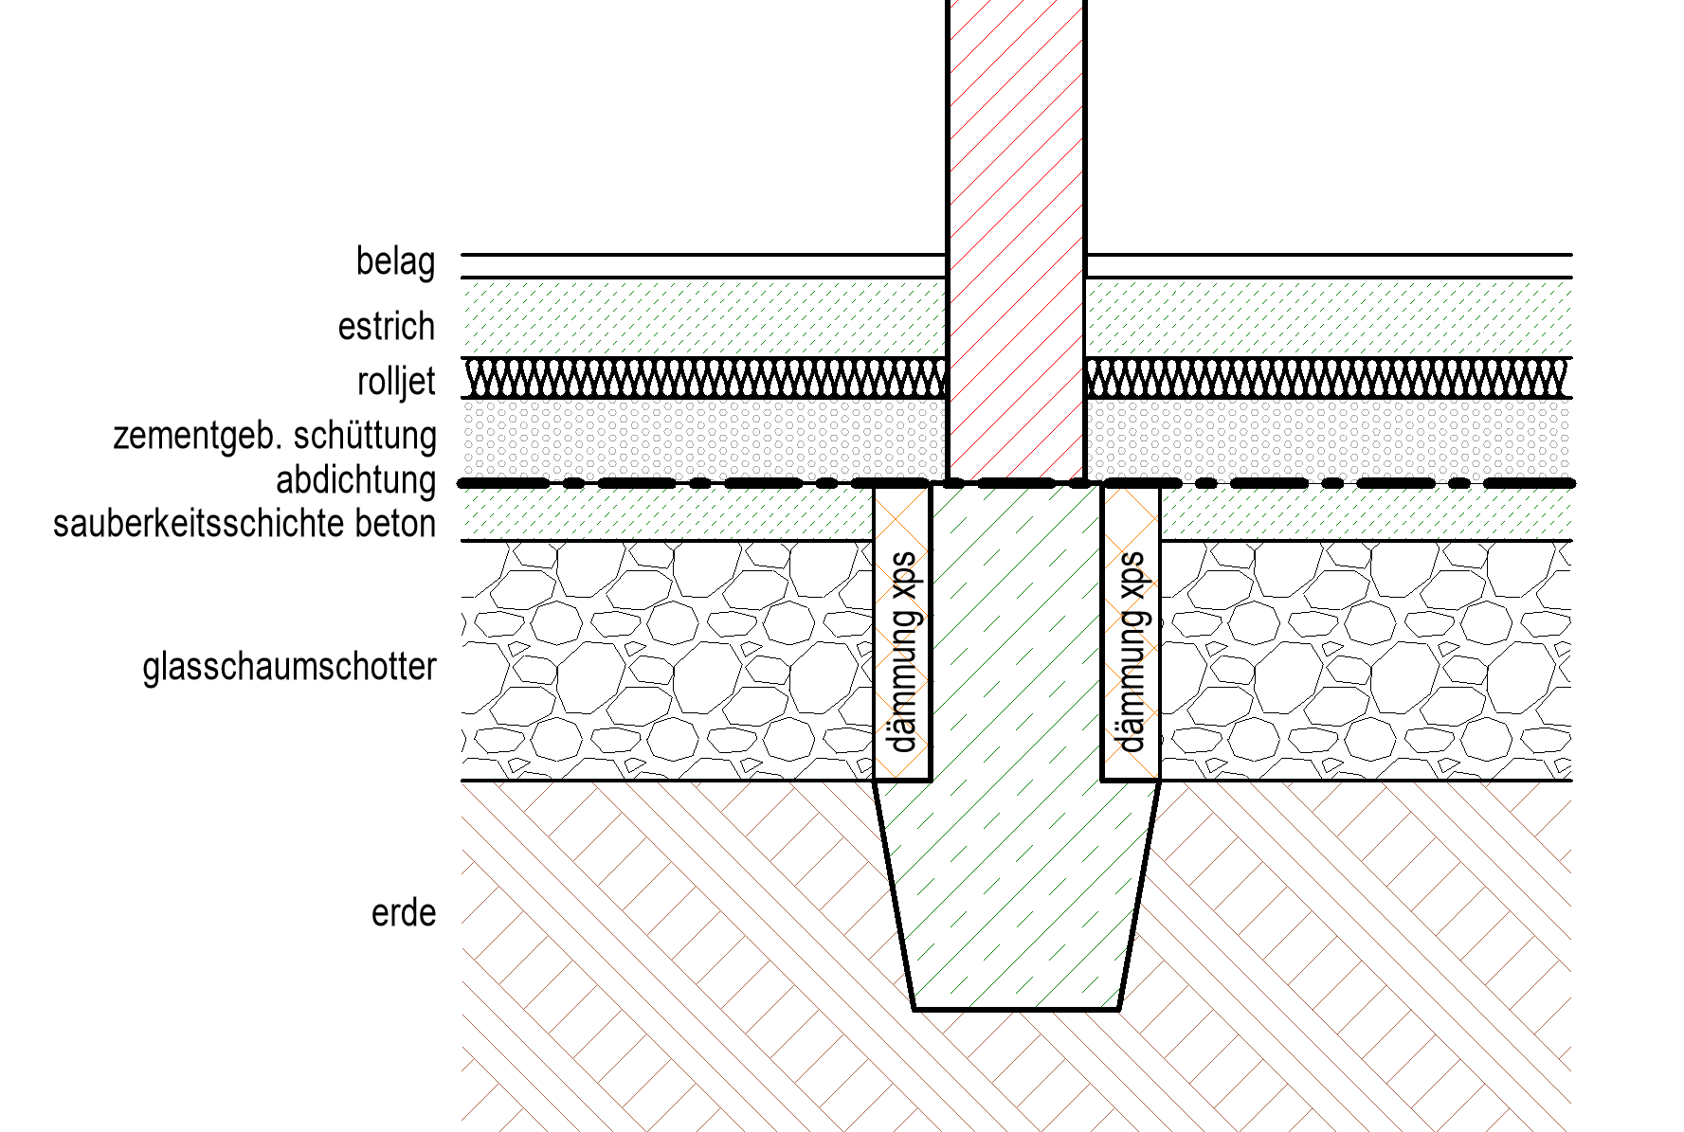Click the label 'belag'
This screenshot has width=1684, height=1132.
click(395, 262)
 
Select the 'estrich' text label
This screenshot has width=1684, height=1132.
click(387, 327)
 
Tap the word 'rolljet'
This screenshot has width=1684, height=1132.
click(396, 382)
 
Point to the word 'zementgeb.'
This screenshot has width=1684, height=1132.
click(198, 437)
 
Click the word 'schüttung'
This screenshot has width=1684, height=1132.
click(365, 436)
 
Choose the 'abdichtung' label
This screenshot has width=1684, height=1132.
click(355, 480)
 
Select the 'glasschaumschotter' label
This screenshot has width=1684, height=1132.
click(289, 667)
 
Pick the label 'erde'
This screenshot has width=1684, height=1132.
click(404, 913)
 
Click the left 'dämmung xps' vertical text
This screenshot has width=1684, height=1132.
click(903, 652)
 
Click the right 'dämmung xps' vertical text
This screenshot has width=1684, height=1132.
click(1132, 652)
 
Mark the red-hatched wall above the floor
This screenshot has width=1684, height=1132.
click(1016, 241)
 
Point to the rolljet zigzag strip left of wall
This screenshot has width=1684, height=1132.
click(703, 378)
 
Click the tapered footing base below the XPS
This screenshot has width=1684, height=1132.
click(1016, 895)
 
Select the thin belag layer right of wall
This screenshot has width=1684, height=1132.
click(1329, 266)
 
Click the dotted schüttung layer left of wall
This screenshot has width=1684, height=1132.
click(703, 440)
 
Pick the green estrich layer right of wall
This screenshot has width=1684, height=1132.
click(1329, 318)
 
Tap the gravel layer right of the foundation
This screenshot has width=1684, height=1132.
click(1367, 660)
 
